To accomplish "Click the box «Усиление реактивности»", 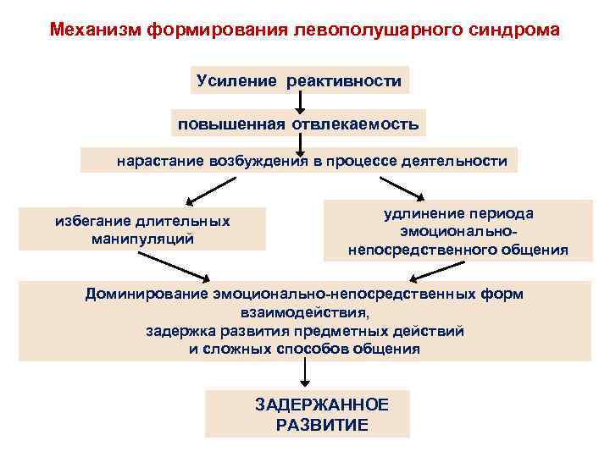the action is coord(299,80).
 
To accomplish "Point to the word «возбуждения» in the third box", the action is coord(260,160).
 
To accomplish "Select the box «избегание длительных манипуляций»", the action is coord(142,229).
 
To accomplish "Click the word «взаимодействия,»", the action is coord(304,311).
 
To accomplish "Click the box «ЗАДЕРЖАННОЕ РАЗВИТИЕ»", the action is coord(308,414).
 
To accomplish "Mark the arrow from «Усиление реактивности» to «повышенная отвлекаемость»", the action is coord(299,102).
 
